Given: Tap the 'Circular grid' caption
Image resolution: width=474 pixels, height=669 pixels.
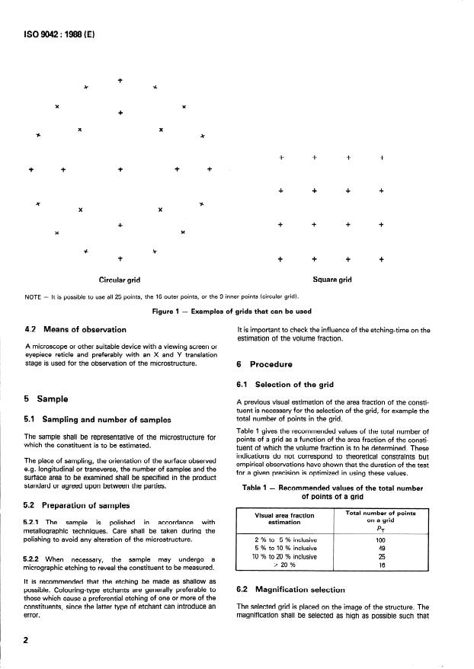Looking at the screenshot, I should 120,280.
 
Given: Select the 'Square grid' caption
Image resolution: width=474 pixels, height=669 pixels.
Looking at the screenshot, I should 332,280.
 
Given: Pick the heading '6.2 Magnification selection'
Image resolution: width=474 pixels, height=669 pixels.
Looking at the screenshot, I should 295,590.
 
